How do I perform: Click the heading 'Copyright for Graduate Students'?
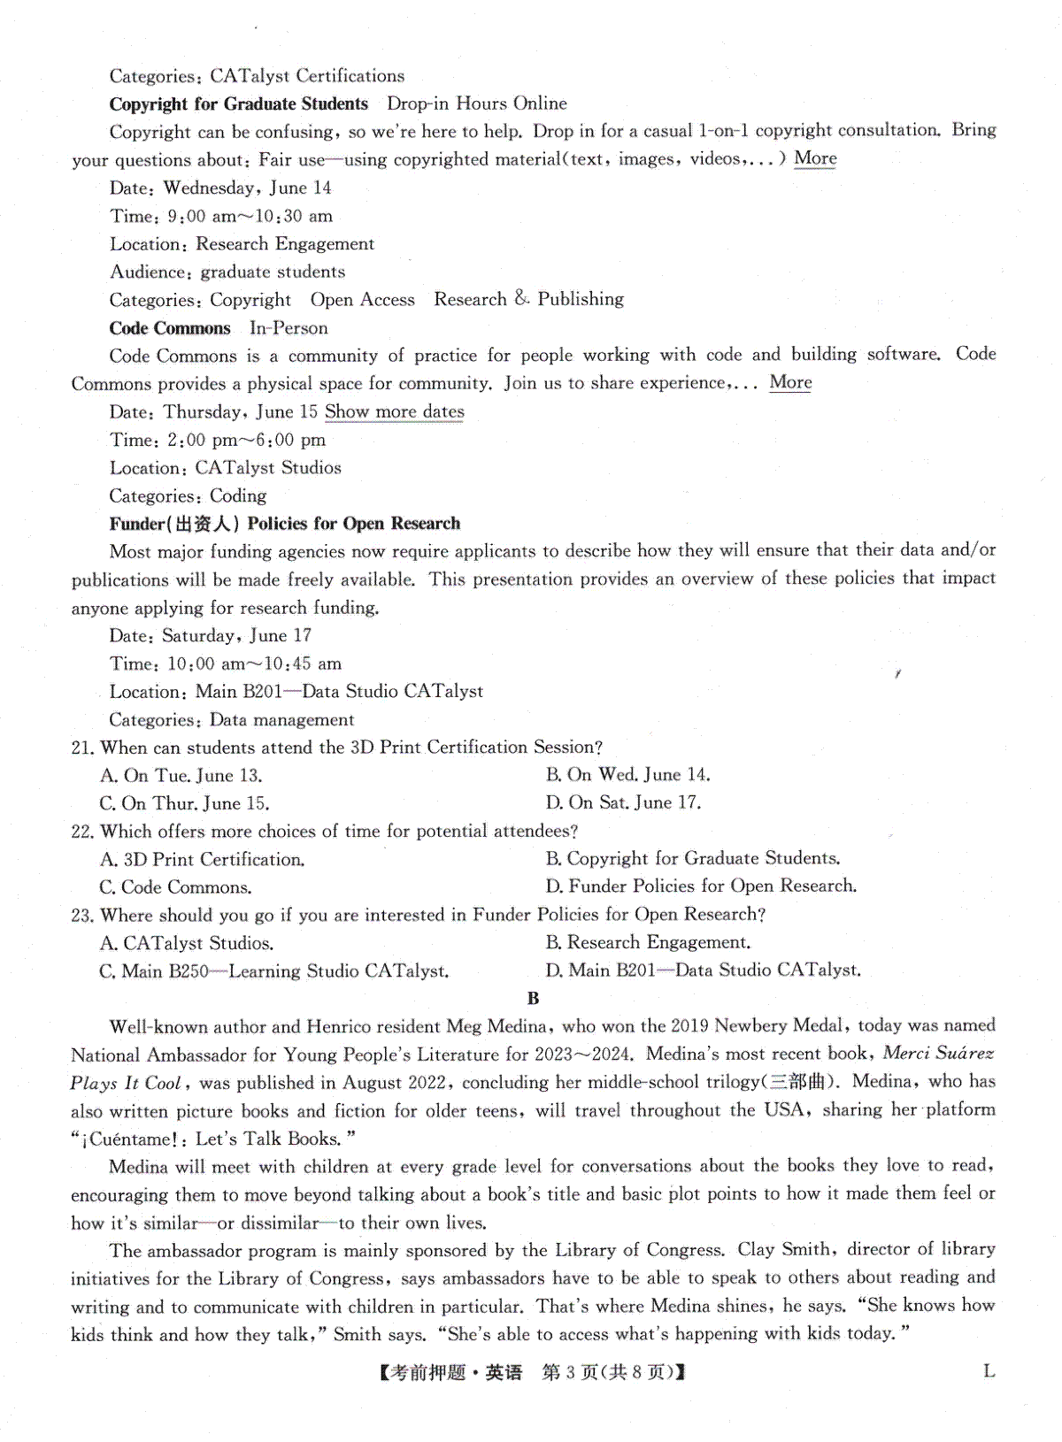239,104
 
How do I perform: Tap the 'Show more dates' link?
394,411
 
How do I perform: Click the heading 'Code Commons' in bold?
170,328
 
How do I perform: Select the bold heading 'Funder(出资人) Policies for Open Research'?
285,524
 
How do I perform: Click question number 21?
82,748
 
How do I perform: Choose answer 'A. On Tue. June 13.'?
181,776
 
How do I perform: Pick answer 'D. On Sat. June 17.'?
623,802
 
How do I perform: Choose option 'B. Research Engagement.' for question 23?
648,942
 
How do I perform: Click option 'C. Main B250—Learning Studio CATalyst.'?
274,970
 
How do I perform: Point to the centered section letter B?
533,998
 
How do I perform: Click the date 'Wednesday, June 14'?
247,188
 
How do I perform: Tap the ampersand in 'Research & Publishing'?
521,299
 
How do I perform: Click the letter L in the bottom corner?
989,1371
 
